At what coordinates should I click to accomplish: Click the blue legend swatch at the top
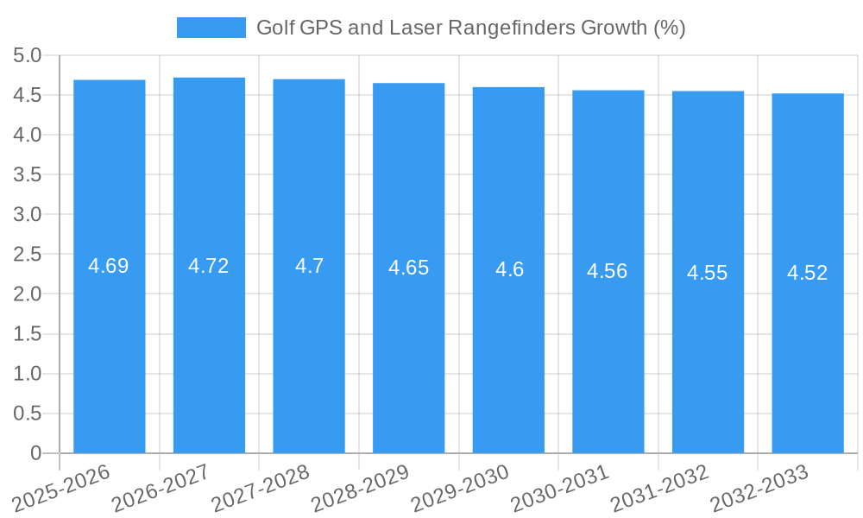211,28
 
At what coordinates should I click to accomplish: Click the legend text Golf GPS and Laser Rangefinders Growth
470,28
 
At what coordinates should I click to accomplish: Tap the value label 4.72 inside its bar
209,266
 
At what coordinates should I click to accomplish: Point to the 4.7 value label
309,266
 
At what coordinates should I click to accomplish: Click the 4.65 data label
408,268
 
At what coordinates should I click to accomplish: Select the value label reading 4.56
608,271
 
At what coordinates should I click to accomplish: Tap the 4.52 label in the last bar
807,273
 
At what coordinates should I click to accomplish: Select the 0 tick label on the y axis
35,452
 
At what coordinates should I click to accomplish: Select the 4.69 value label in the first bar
109,266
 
